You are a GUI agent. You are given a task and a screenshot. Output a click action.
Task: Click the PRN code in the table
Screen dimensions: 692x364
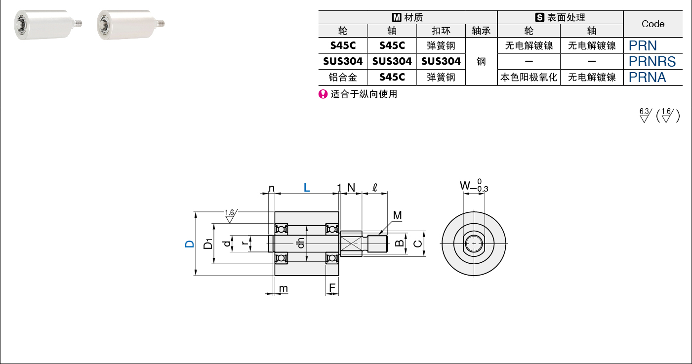(643, 46)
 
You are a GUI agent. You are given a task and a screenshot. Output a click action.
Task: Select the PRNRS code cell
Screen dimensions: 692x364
(652, 62)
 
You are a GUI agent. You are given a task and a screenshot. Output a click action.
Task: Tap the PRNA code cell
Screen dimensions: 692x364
(647, 77)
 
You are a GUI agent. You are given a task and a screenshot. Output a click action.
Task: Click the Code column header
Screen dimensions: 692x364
(653, 24)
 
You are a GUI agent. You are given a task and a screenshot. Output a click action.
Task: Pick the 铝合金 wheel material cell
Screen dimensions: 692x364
(343, 77)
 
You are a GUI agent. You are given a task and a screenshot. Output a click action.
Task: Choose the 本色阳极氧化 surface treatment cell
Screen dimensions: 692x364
(529, 77)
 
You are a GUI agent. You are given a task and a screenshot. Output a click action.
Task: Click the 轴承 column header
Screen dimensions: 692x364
(481, 31)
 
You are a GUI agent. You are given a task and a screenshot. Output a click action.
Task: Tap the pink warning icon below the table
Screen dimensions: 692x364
(323, 94)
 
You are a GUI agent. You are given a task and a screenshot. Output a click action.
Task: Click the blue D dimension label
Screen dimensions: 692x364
(189, 244)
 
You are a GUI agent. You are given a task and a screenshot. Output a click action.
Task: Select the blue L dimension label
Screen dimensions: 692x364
(306, 187)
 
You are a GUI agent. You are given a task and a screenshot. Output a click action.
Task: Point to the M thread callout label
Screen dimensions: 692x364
(397, 215)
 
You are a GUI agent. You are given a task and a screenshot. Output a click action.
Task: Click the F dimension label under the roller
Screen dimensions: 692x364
(332, 287)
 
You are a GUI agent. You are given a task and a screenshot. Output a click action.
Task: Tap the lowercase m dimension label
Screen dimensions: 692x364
(284, 288)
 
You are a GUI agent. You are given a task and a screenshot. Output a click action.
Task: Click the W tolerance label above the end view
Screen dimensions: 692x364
(474, 185)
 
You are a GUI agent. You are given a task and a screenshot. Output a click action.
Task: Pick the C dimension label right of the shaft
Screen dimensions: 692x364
(418, 244)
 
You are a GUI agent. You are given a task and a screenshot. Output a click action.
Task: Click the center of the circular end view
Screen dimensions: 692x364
(474, 244)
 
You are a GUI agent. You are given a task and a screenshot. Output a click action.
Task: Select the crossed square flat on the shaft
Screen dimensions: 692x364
(351, 243)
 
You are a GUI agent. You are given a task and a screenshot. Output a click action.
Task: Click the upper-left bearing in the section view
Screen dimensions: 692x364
(281, 229)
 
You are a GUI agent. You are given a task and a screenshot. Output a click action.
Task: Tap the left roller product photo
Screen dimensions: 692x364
(47, 24)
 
